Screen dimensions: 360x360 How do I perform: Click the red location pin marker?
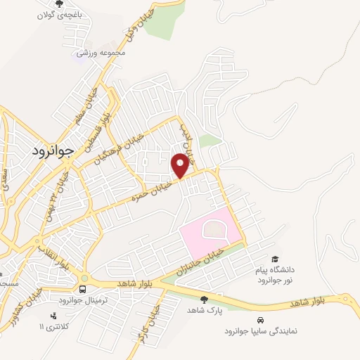181,165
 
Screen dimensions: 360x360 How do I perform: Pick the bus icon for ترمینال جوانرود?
84,289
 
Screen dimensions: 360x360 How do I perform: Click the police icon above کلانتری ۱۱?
55,315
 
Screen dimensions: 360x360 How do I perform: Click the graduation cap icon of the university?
274,259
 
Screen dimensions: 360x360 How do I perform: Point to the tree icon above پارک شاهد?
205,299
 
